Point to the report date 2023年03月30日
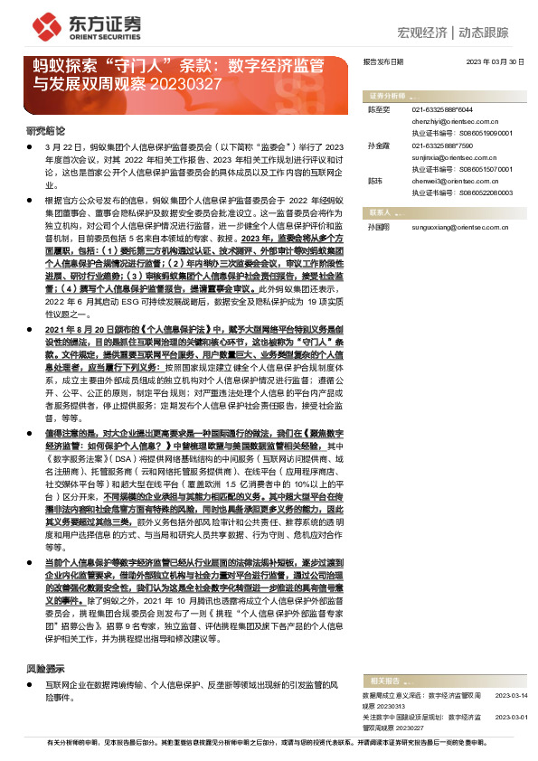[495, 61]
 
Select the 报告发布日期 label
[382, 61]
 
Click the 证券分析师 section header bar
[443, 95]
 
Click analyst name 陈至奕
[377, 108]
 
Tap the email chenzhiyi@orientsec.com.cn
[448, 118]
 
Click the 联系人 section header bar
[443, 211]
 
